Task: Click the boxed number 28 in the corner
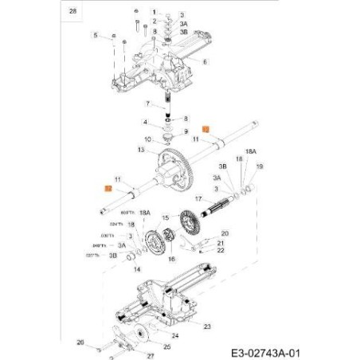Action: tap(74, 12)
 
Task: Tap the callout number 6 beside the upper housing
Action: tap(205, 61)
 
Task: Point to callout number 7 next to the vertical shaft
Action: tap(147, 104)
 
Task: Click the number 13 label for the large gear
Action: tap(141, 149)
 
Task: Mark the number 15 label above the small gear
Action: tap(164, 217)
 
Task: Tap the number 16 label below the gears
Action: tap(170, 259)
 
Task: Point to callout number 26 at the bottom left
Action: tap(79, 342)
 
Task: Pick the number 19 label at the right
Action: tap(260, 166)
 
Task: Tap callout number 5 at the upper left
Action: tap(95, 37)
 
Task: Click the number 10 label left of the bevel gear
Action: tap(147, 140)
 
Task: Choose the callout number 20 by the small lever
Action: tap(225, 233)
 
